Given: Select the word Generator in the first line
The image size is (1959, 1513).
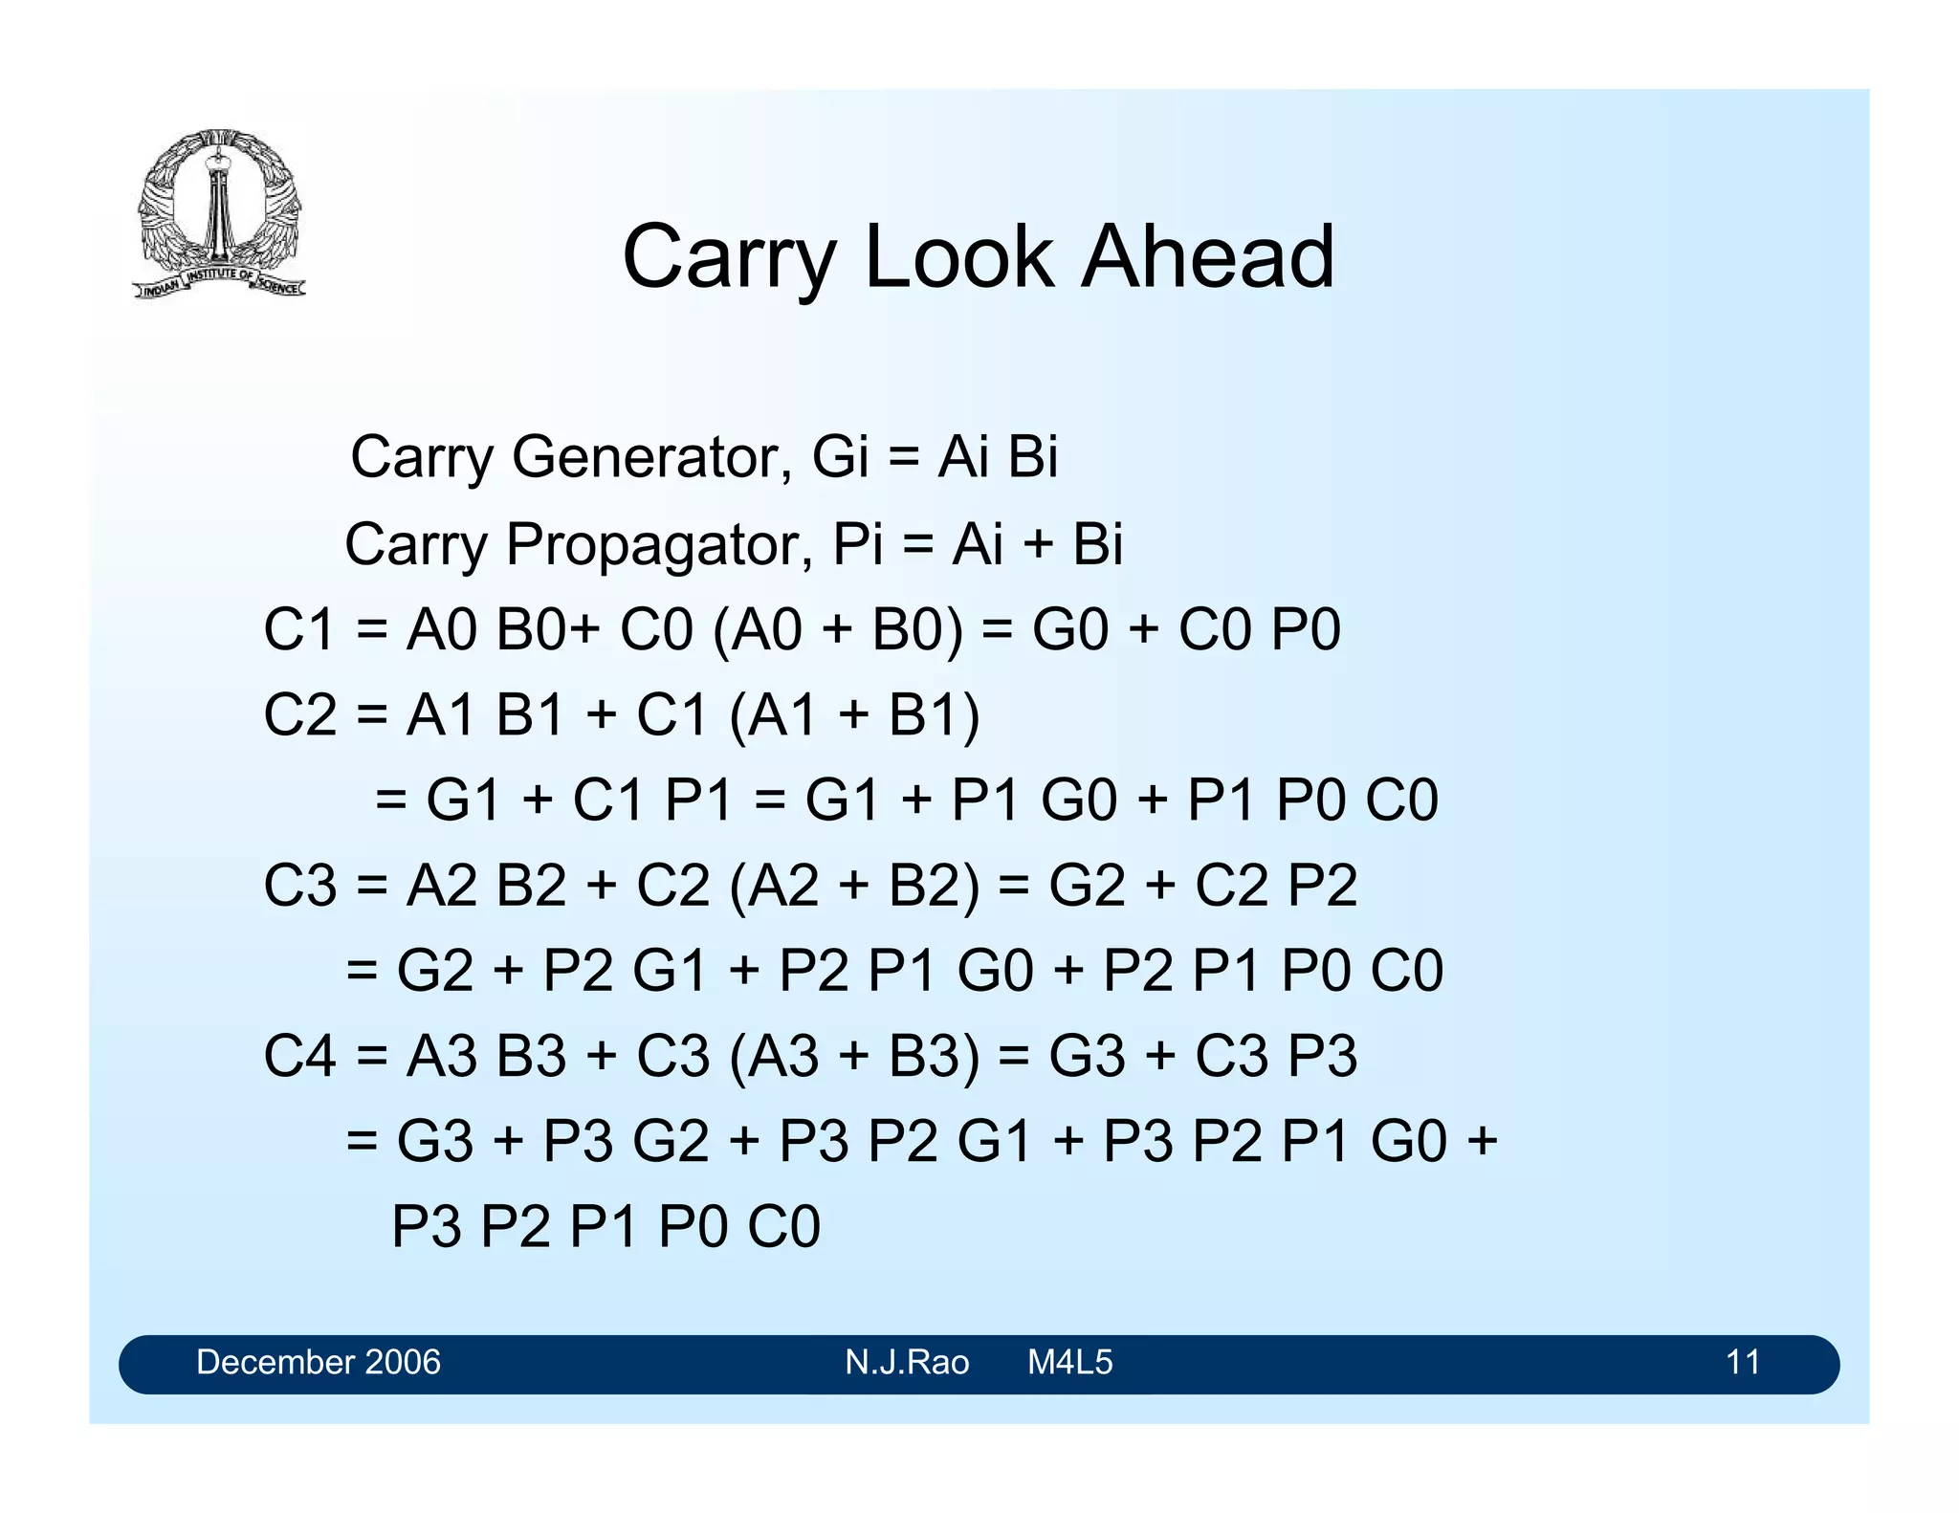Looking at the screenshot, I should [651, 457].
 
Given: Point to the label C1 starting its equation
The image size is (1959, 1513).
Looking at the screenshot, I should [298, 630].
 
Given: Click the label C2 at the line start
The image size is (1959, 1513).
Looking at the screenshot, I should [299, 715].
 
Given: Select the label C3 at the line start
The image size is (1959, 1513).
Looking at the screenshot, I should [299, 886].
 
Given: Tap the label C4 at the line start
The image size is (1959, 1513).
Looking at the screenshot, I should [299, 1057].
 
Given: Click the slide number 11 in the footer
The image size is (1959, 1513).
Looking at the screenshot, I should [1742, 1362].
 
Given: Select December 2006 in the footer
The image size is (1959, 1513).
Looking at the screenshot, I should [318, 1362].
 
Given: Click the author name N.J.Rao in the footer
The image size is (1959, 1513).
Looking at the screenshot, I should [906, 1362].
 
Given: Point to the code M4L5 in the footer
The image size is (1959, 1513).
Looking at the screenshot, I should [1069, 1362].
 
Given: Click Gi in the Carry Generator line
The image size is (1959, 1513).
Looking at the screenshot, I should [840, 457].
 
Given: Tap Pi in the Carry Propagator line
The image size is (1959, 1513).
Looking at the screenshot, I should [857, 544].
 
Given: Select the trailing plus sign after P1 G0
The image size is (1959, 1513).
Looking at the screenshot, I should [1482, 1141].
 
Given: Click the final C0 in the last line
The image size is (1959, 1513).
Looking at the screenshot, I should [783, 1227].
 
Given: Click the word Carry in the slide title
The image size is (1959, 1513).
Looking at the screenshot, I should [729, 258].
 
